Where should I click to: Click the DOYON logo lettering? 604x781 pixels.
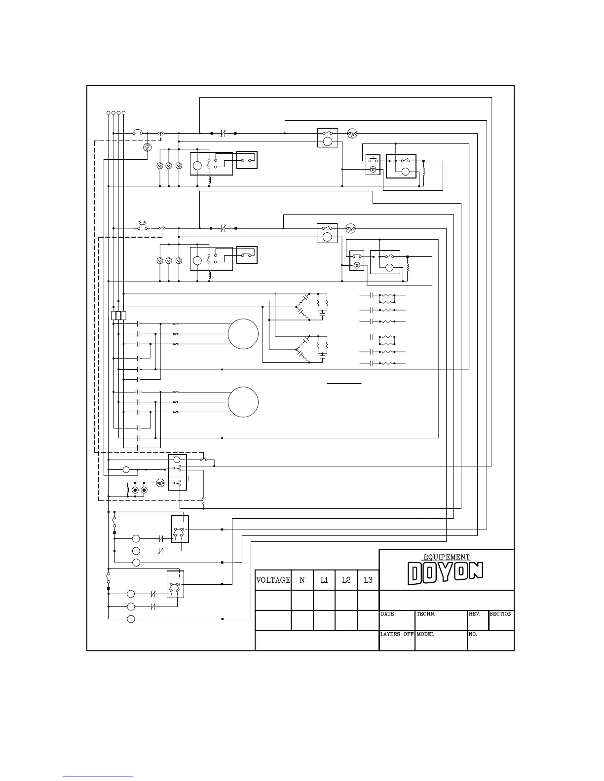click(445, 573)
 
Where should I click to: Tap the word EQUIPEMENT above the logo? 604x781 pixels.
click(447, 557)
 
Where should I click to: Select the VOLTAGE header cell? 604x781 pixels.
click(273, 580)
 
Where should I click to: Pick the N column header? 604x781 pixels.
click(302, 580)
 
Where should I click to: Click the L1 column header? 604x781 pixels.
click(324, 580)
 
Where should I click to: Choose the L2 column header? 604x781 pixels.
click(346, 580)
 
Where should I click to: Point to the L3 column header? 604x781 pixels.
click(368, 580)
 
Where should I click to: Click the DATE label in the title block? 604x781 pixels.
click(387, 614)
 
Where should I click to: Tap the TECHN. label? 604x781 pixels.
click(426, 614)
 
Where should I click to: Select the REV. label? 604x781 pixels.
click(474, 614)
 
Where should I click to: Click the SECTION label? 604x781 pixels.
click(501, 614)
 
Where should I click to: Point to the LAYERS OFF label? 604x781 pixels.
click(397, 635)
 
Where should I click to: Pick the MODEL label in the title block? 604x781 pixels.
click(425, 635)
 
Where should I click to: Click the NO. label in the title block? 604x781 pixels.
click(473, 635)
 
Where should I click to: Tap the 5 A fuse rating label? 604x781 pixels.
click(143, 222)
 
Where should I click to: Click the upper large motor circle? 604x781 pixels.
click(243, 334)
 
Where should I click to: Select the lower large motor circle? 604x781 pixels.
click(243, 402)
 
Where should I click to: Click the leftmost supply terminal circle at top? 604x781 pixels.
click(109, 113)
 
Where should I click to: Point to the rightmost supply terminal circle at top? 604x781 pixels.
click(124, 113)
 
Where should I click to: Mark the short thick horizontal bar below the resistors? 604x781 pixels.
click(344, 383)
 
